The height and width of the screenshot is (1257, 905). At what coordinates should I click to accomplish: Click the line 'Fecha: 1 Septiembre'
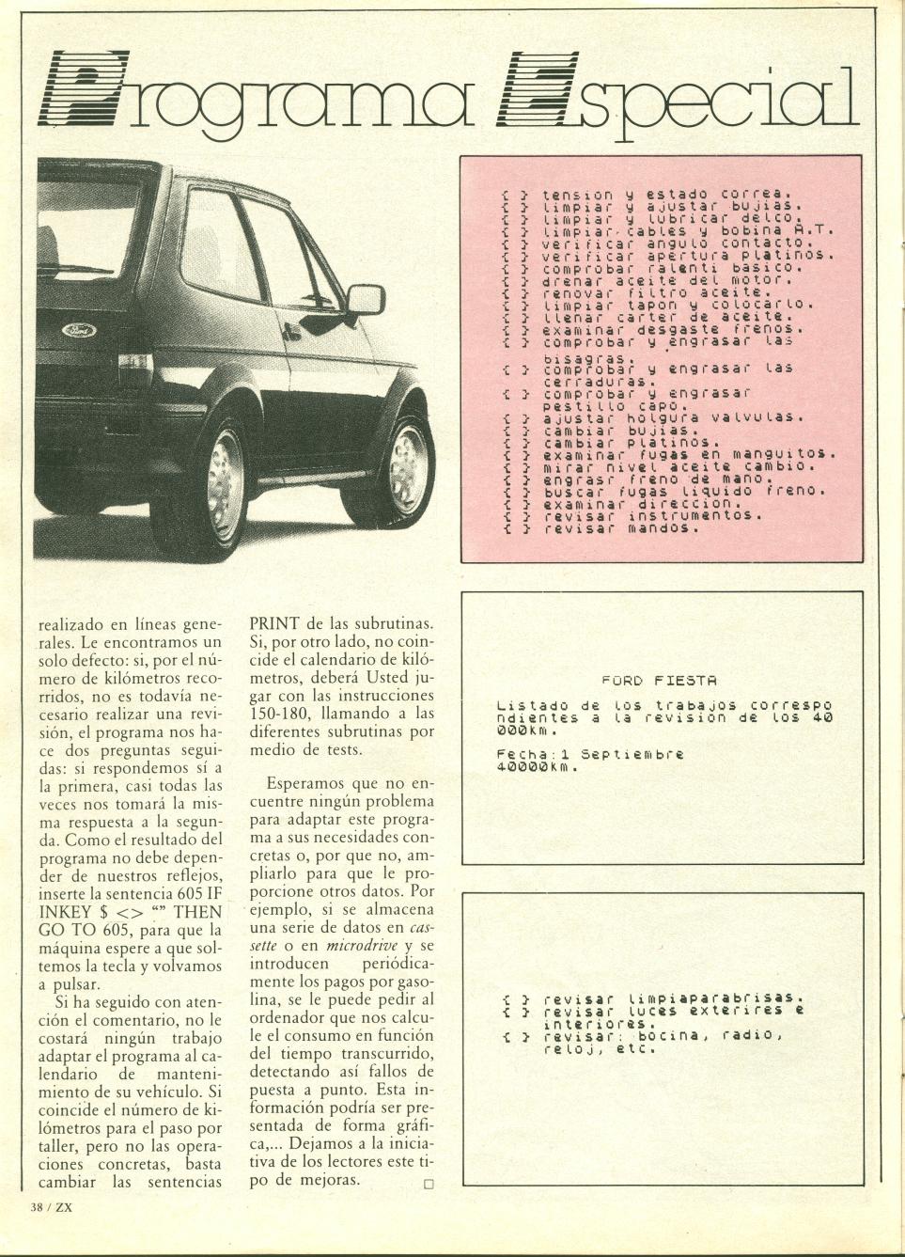click(589, 754)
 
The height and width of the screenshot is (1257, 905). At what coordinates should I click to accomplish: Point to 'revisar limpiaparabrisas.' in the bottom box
click(674, 998)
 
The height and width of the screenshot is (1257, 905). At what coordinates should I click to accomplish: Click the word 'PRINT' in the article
click(273, 622)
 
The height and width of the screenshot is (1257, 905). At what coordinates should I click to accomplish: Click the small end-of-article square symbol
click(429, 1184)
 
